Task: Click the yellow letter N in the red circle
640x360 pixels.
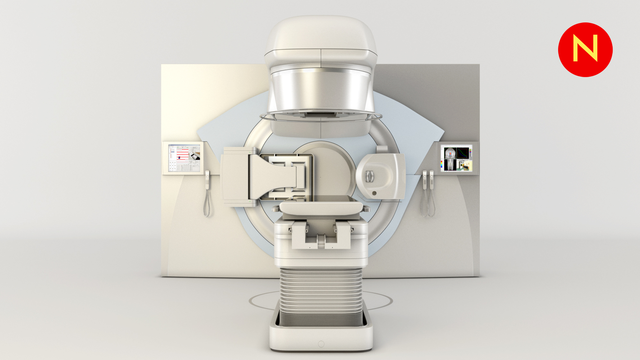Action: [585, 48]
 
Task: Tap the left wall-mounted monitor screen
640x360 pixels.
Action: [184, 158]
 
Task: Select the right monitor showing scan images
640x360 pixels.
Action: [456, 158]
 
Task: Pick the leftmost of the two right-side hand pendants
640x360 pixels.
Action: [424, 179]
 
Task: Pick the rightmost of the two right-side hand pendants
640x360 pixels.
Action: [432, 179]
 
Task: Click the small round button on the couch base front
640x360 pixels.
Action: [321, 344]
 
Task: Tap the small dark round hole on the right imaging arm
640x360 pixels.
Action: [374, 193]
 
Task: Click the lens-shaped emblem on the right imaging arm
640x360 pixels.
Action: [370, 176]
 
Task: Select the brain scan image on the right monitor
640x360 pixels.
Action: [448, 153]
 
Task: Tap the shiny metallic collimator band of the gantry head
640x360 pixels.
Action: [320, 90]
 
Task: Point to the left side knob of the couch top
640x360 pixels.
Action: [275, 208]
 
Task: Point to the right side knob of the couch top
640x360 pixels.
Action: [366, 208]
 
